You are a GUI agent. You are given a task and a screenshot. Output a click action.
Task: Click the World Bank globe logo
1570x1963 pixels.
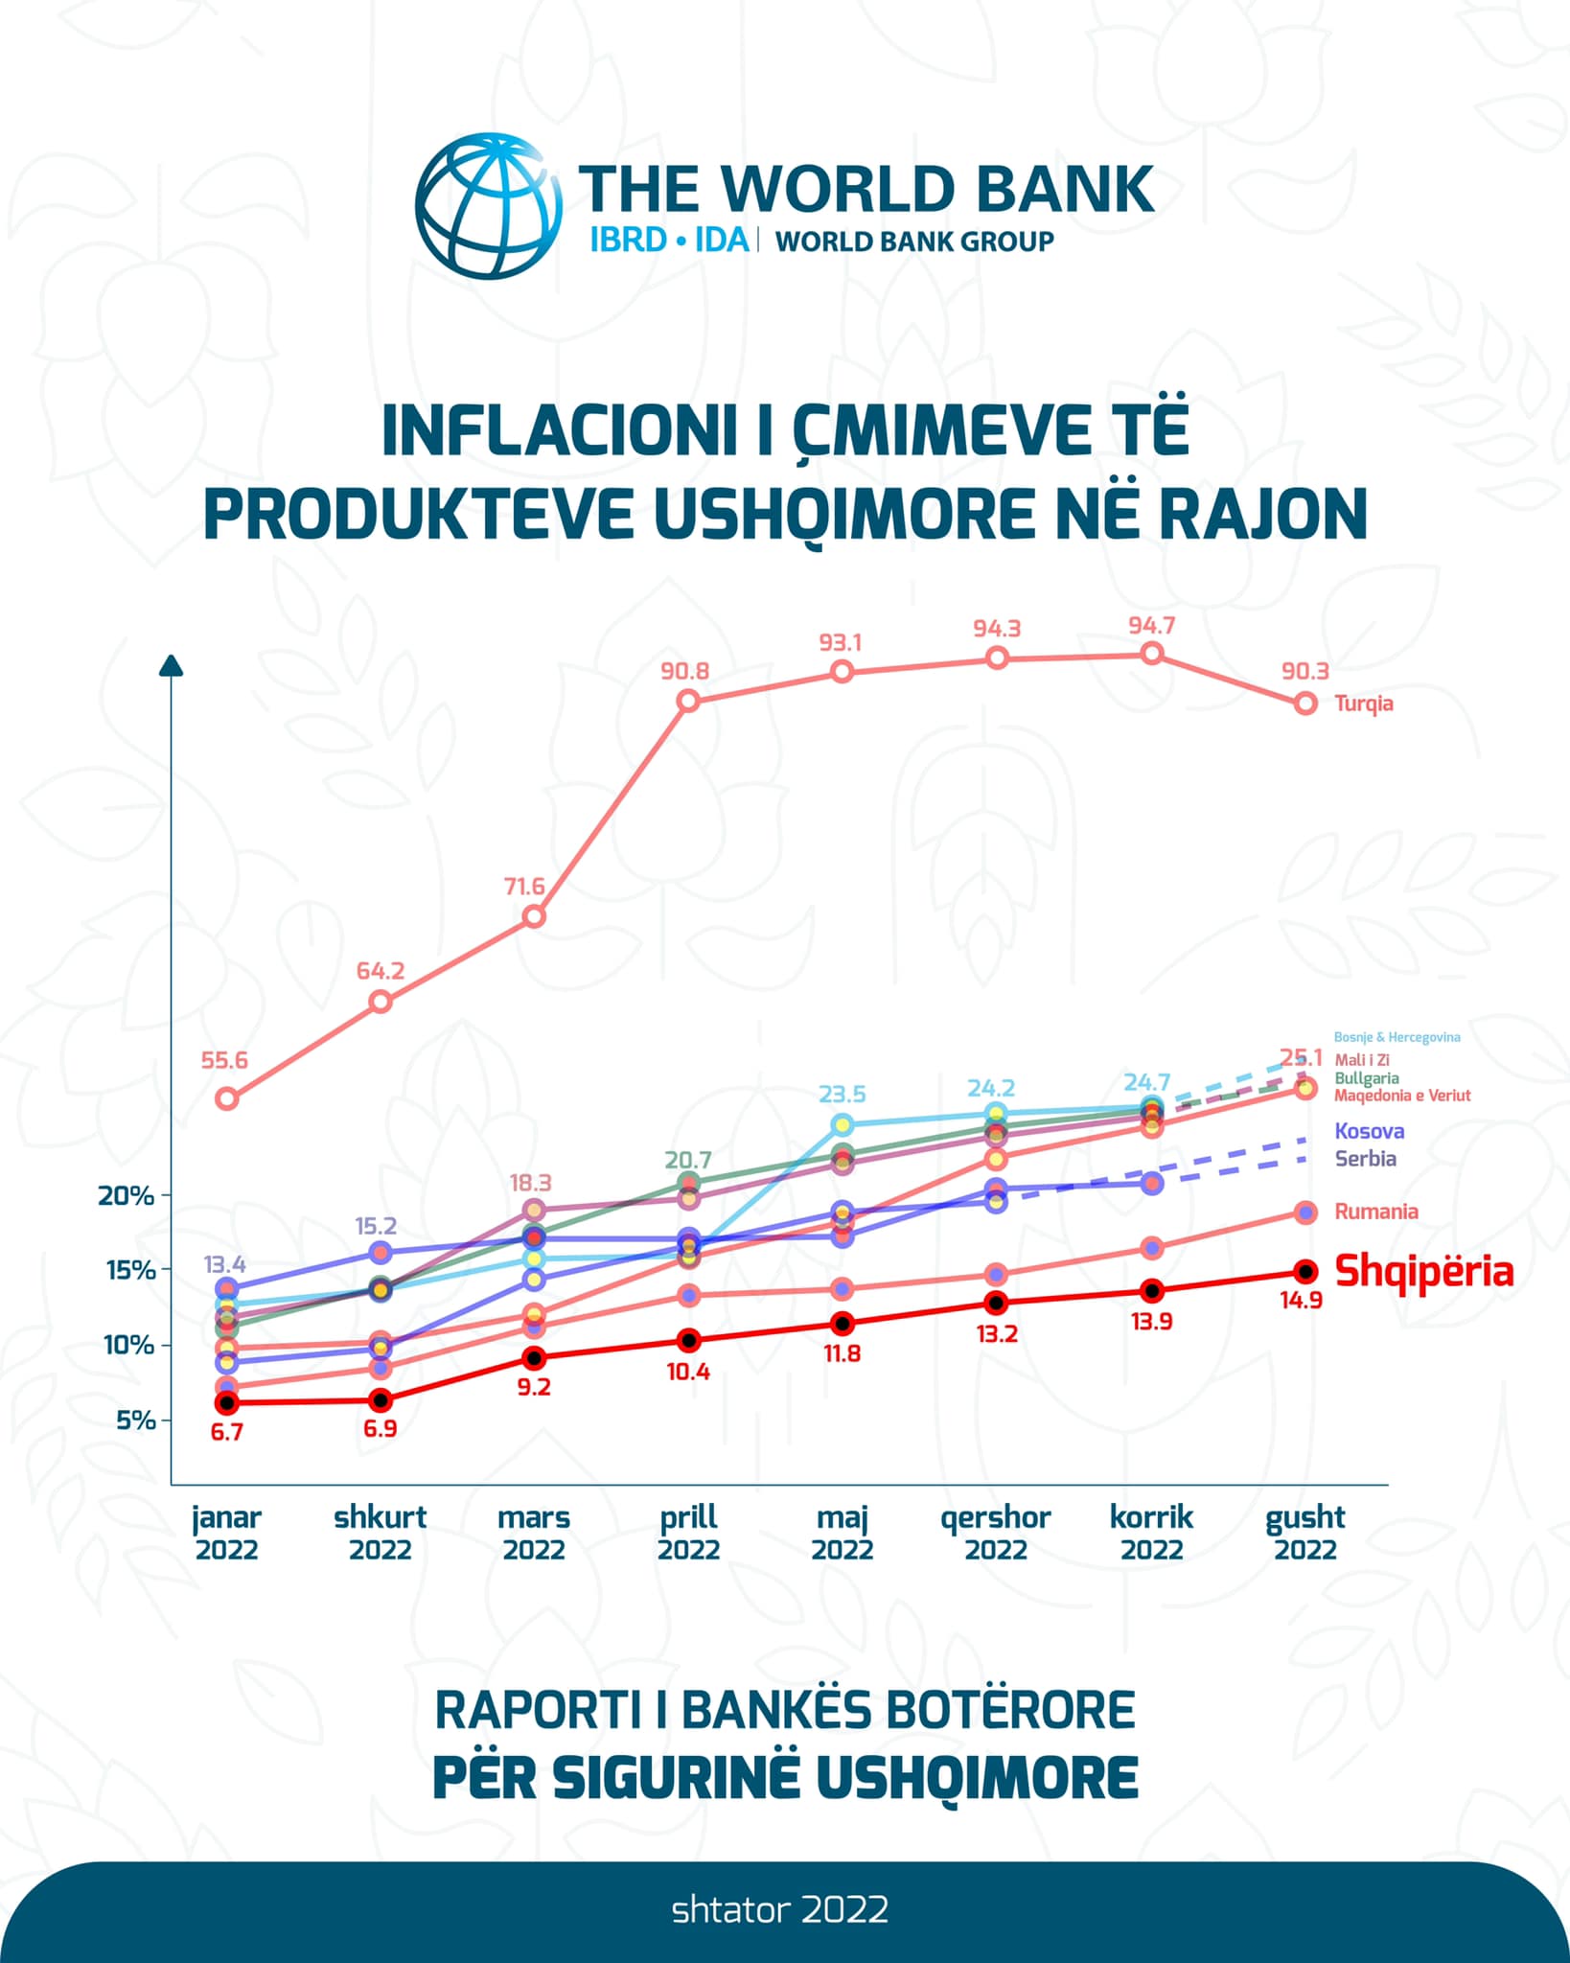tap(488, 206)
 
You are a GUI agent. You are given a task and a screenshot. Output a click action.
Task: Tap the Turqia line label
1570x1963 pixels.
tap(1363, 704)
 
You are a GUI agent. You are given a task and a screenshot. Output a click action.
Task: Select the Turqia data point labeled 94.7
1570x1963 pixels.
tap(1152, 654)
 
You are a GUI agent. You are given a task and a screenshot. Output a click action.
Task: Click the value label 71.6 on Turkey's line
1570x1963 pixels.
tap(524, 887)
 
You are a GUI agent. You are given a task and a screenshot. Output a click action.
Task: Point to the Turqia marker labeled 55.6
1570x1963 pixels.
tap(226, 1098)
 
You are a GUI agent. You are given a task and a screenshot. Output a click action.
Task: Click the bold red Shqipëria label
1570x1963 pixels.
tap(1423, 1272)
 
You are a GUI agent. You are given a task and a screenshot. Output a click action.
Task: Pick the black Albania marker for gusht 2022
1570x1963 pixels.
tap(1304, 1272)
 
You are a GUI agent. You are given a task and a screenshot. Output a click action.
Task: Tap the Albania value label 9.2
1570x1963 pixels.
tap(534, 1387)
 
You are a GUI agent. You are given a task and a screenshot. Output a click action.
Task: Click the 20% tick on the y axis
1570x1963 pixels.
tap(127, 1195)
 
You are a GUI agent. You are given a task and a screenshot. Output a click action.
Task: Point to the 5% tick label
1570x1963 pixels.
tap(135, 1420)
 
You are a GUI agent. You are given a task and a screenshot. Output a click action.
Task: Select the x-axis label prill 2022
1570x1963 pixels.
tap(688, 1533)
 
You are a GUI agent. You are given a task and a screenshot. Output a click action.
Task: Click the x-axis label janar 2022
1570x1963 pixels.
tap(226, 1533)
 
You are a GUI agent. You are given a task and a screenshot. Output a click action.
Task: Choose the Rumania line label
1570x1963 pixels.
tap(1375, 1212)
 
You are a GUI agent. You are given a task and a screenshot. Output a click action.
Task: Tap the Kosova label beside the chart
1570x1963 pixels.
tap(1369, 1131)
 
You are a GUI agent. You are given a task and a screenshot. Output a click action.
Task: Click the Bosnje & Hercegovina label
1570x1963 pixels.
tap(1397, 1037)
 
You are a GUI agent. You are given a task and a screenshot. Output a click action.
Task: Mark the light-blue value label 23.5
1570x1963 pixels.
tap(842, 1094)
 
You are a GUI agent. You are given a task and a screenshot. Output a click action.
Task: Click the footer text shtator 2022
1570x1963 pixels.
tap(779, 1909)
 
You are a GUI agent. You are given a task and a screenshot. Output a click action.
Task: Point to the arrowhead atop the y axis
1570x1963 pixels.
tap(171, 665)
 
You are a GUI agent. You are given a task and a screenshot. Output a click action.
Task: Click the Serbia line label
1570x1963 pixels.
tap(1365, 1159)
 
